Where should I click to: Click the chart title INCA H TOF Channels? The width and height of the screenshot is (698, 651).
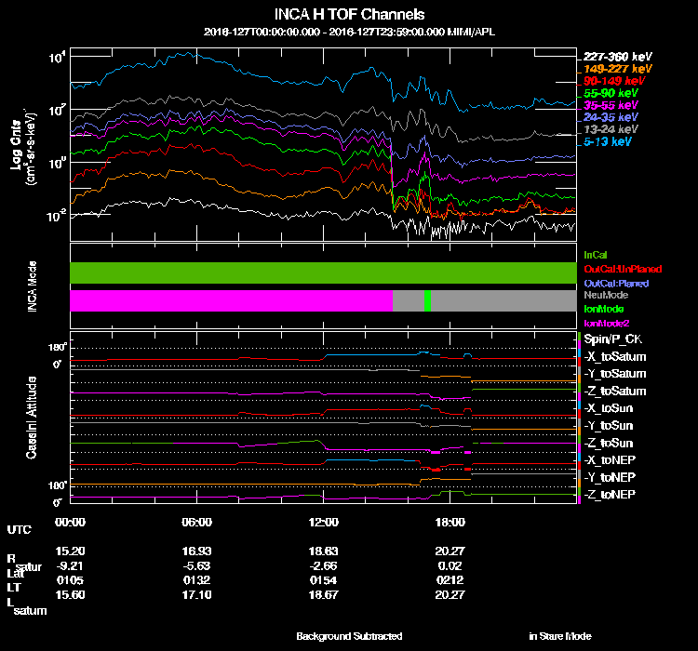(x=349, y=15)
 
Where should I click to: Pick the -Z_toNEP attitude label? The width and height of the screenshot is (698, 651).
(x=611, y=494)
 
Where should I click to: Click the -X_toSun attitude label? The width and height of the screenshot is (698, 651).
(x=610, y=408)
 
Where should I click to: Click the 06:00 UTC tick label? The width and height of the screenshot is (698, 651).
(x=198, y=522)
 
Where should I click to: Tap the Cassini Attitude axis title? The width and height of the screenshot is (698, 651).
(x=30, y=416)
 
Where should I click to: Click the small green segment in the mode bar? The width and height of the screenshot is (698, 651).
(x=427, y=300)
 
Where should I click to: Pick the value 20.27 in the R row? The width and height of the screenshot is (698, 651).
(x=450, y=551)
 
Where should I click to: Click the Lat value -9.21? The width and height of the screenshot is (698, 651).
(x=71, y=565)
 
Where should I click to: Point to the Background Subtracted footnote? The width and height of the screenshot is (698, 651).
(x=349, y=636)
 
